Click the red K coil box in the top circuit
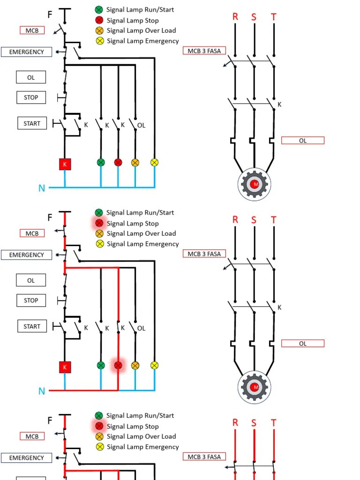(x=65, y=164)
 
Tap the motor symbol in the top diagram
(x=255, y=184)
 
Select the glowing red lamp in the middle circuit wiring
(x=118, y=365)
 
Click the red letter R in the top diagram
(x=235, y=17)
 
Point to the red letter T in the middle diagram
(x=274, y=220)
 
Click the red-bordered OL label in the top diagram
(x=303, y=140)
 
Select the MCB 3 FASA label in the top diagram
(x=204, y=51)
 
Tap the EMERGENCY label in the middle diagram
(x=26, y=255)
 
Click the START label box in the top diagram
(x=32, y=124)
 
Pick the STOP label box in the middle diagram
(x=31, y=300)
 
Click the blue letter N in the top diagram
(x=42, y=188)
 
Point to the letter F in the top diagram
(x=50, y=15)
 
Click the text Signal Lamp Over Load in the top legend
(x=141, y=30)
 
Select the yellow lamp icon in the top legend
(x=99, y=41)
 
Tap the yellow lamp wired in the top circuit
(x=154, y=162)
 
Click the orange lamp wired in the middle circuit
(x=135, y=365)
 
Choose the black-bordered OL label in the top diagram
(x=31, y=77)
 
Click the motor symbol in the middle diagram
(x=255, y=387)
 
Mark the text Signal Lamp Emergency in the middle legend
(x=142, y=244)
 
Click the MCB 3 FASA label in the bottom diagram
(x=204, y=457)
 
